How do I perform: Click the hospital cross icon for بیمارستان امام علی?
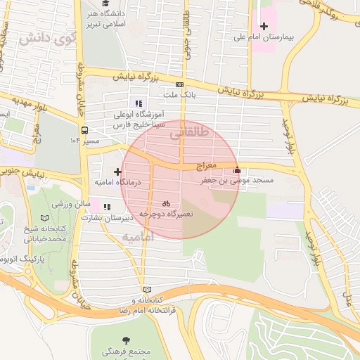coord(264,26)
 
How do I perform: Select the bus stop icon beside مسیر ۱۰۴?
coord(84,130)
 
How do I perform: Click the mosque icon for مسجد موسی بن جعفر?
coord(236,169)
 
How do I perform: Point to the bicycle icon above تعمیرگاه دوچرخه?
coord(166,202)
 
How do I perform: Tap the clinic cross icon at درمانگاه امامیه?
coord(117,172)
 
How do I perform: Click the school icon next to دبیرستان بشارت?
coord(107,207)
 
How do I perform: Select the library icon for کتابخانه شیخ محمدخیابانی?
coord(46,219)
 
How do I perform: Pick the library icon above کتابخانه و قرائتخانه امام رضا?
coord(146,290)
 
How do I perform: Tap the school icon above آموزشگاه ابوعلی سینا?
coord(139,103)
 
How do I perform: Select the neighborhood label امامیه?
coord(138,237)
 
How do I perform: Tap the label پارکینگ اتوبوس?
coord(21,259)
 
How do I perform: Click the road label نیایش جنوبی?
coord(32,172)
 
